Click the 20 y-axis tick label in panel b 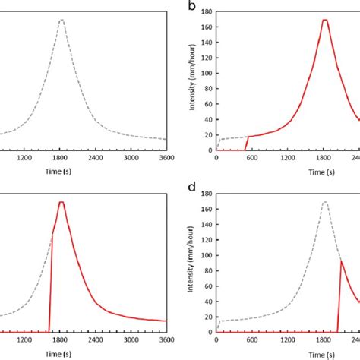[209, 134]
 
